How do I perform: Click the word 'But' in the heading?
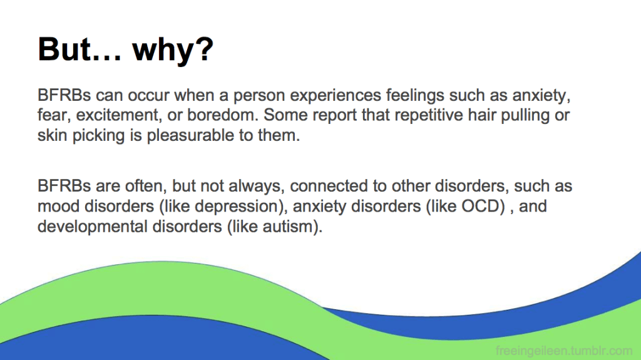click(64, 49)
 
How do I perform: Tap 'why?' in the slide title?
click(173, 51)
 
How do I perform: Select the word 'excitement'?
click(117, 115)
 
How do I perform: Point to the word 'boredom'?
click(223, 115)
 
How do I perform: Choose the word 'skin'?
click(53, 135)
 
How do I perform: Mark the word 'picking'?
click(98, 136)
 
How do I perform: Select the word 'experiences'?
click(336, 95)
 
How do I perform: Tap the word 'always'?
click(256, 187)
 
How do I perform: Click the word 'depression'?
click(241, 207)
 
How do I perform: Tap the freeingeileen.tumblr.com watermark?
click(564, 351)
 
